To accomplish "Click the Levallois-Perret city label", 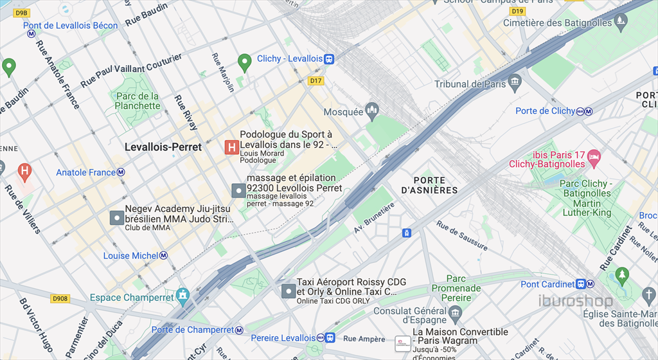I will [x=163, y=147].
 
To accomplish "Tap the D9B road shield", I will [x=21, y=12].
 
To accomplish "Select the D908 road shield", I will [x=60, y=299].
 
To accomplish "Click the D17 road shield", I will [x=315, y=80].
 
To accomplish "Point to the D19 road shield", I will [x=517, y=12].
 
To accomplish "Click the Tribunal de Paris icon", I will [x=514, y=84].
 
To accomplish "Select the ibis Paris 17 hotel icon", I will [x=594, y=156].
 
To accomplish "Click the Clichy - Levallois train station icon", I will [x=329, y=59].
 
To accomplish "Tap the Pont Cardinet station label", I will [x=547, y=284].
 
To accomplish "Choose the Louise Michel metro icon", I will [x=164, y=256].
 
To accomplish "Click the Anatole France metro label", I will [x=85, y=172].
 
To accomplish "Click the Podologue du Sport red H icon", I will [x=231, y=148].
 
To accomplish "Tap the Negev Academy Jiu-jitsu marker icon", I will [x=116, y=218].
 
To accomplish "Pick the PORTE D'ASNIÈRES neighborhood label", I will [x=429, y=185].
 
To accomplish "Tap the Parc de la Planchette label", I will [x=137, y=101].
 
